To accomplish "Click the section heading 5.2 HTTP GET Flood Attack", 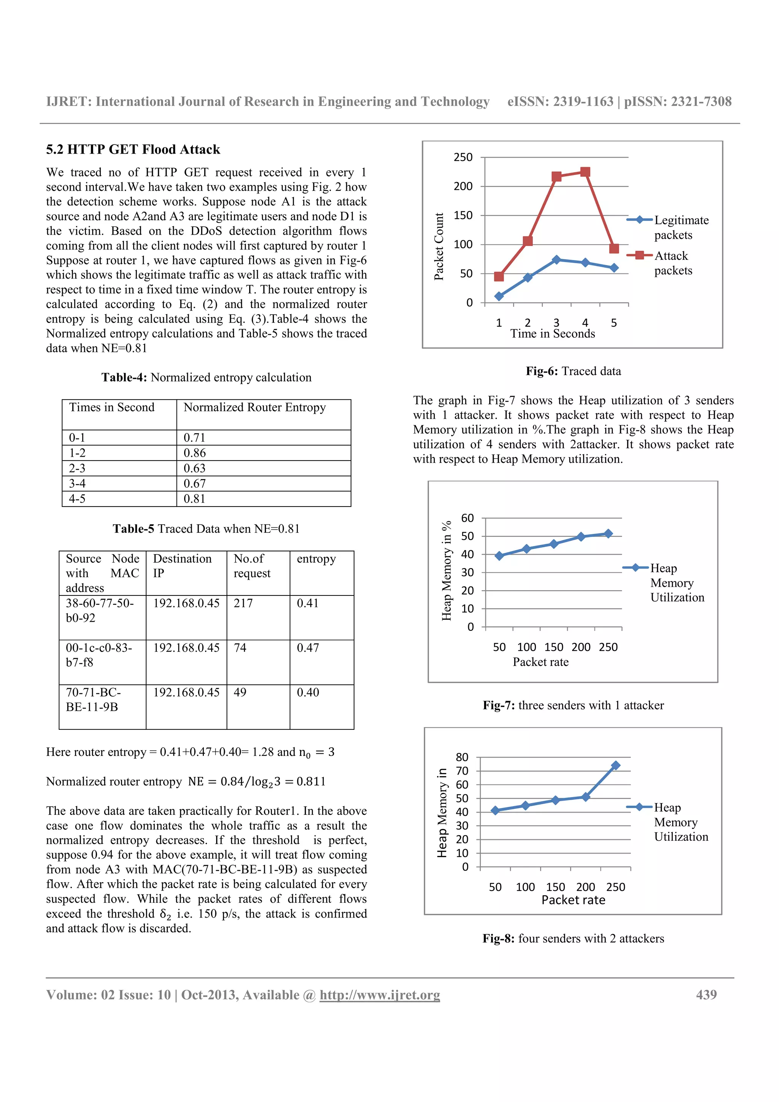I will (133, 149).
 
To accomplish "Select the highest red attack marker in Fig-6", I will (585, 172).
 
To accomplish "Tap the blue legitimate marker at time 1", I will (499, 296).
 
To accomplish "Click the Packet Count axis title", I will (439, 246).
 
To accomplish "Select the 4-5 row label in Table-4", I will (77, 499).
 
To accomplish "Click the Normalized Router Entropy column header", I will (254, 408).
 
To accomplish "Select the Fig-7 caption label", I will (498, 705).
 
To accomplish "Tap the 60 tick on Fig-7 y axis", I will (467, 518).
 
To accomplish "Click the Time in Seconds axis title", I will (552, 333).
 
